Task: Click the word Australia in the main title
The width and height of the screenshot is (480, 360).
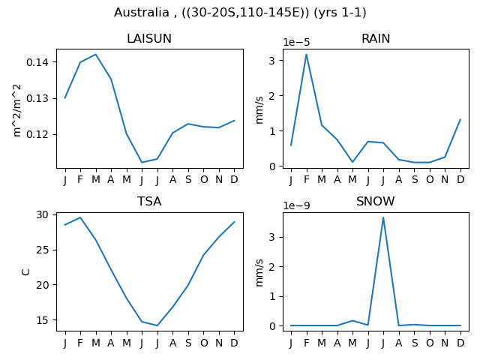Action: click(x=141, y=13)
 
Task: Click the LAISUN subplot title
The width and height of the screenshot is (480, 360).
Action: click(x=149, y=38)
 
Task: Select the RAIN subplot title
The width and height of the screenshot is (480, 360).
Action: click(x=376, y=38)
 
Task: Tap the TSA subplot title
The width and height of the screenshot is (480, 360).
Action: click(x=149, y=202)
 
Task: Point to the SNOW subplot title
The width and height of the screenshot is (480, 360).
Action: click(x=375, y=202)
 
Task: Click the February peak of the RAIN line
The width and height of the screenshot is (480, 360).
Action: click(x=306, y=55)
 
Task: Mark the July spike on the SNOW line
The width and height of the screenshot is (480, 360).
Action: click(x=383, y=217)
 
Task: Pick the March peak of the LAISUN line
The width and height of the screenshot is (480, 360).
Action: click(x=96, y=55)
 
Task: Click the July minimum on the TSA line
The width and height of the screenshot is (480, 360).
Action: click(x=157, y=325)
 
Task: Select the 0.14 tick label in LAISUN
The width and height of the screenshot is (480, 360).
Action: click(x=37, y=62)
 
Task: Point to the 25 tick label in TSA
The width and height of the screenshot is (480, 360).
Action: click(x=42, y=250)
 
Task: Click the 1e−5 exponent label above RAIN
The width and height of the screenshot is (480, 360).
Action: click(x=296, y=42)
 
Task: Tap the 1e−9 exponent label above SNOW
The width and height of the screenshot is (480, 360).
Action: click(x=296, y=205)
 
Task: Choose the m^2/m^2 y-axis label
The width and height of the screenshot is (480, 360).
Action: click(x=17, y=110)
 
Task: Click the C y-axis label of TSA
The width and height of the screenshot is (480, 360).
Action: click(x=25, y=271)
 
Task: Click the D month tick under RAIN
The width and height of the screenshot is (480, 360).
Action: click(x=460, y=179)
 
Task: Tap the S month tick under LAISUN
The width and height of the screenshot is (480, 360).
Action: click(x=188, y=179)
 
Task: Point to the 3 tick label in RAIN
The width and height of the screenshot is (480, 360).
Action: click(x=271, y=61)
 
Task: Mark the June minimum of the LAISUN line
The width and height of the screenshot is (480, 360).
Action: click(x=142, y=162)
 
